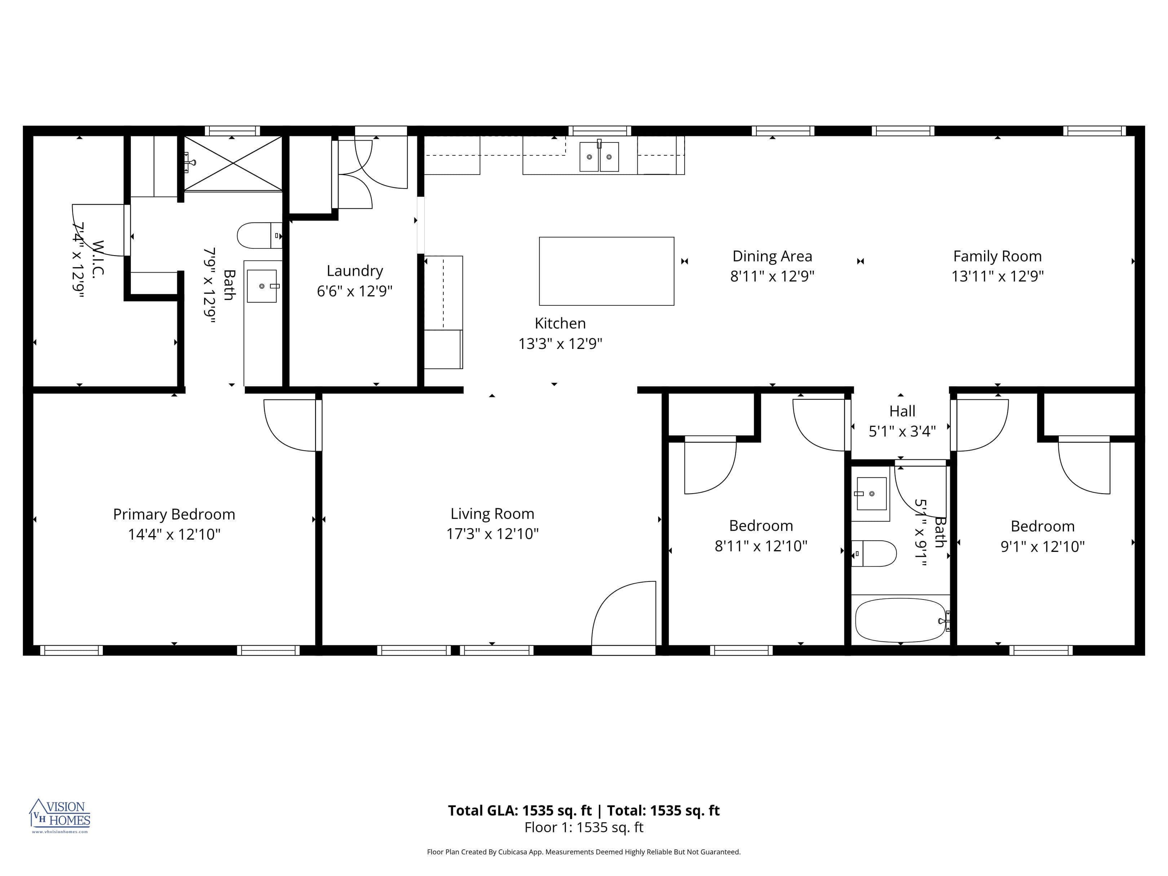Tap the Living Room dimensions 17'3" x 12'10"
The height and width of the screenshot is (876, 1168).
[492, 534]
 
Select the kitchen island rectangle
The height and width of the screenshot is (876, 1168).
[606, 271]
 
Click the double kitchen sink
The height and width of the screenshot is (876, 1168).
[599, 156]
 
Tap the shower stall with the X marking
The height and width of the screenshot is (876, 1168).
[233, 163]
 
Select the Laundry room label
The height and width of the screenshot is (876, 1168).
[354, 271]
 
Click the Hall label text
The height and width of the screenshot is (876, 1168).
[902, 411]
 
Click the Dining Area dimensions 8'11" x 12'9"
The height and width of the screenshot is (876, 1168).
[772, 276]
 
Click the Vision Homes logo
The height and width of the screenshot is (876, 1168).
[60, 816]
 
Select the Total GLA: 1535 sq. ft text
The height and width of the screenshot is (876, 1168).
[519, 810]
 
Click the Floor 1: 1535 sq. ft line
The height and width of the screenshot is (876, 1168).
[584, 827]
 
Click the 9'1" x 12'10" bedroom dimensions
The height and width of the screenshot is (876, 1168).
[1042, 547]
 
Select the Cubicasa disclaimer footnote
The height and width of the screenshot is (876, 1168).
[584, 852]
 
